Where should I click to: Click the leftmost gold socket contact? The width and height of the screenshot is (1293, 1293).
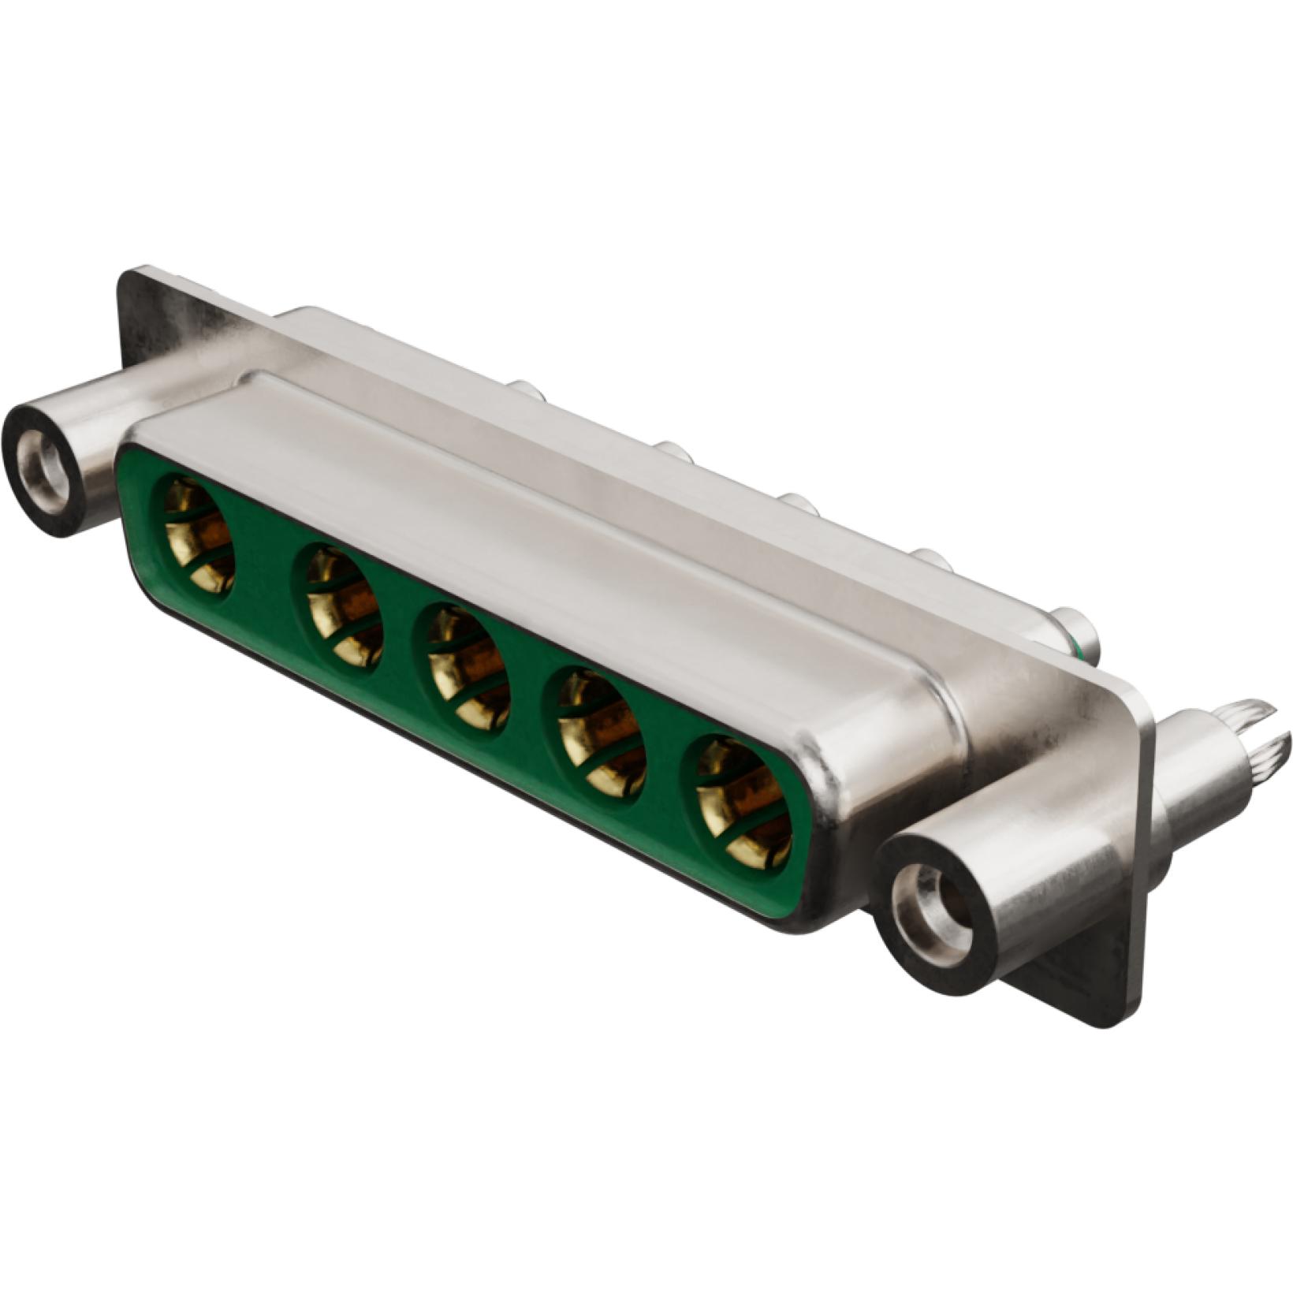tap(198, 534)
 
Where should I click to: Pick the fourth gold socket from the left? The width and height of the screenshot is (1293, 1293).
tap(602, 732)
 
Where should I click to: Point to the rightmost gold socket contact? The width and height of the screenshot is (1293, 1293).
tap(743, 803)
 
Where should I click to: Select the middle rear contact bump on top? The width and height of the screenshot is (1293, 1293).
tap(798, 503)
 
